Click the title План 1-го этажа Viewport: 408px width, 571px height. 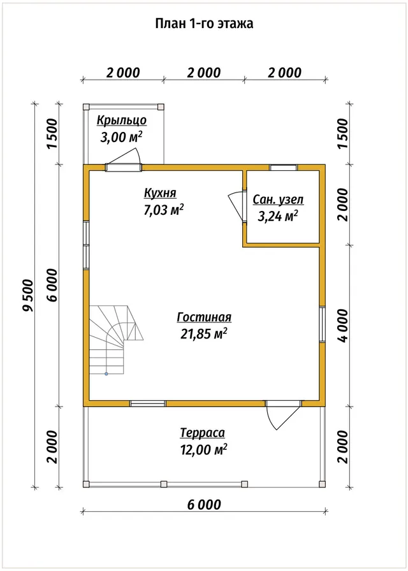click(204, 24)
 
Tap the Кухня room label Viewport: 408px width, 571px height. click(160, 192)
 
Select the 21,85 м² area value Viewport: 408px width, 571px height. click(203, 333)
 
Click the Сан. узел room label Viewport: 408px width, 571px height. click(278, 199)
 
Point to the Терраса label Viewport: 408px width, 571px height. click(203, 433)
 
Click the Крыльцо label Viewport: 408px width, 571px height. click(122, 120)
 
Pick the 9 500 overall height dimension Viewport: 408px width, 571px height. click(27, 295)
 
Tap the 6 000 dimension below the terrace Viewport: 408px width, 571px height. click(203, 505)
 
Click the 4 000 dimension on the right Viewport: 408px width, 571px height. click(343, 325)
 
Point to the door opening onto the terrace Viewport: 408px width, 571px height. click(283, 414)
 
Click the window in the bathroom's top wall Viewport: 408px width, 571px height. click(284, 168)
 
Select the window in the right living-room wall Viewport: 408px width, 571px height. click(323, 324)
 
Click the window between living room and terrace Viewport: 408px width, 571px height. click(148, 403)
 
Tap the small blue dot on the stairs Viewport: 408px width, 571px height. click(106, 373)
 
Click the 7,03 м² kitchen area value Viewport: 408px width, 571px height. click(164, 210)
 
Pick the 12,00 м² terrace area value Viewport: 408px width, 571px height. click(203, 450)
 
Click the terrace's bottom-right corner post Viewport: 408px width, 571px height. click(322, 484)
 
